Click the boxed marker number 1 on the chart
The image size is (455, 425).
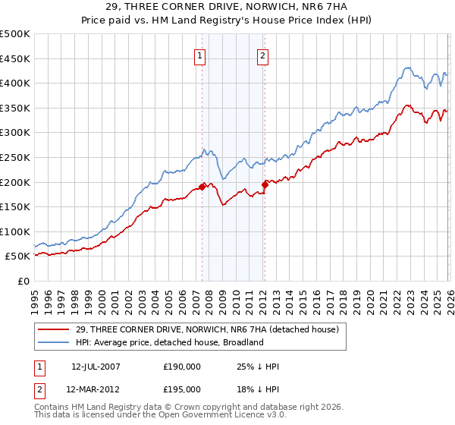click(200, 55)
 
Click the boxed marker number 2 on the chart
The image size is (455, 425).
click(262, 55)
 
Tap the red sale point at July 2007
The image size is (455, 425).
click(202, 186)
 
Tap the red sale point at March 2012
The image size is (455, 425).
click(265, 184)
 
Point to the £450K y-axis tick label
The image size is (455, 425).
click(14, 58)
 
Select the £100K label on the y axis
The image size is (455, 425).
click(14, 231)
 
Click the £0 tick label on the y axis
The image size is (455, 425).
click(23, 281)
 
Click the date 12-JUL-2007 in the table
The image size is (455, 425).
click(96, 366)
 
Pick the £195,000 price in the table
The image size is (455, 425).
click(182, 389)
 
